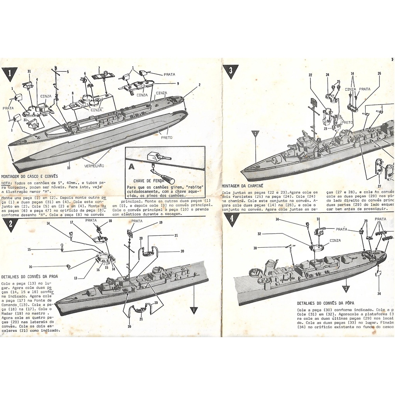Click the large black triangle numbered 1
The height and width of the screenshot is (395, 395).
pyautogui.click(x=9, y=73)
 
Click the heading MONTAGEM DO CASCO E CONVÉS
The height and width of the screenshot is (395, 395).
pyautogui.click(x=29, y=176)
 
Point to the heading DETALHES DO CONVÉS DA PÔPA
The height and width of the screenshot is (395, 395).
pyautogui.click(x=325, y=303)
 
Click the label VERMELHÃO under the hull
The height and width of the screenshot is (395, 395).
pyautogui.click(x=94, y=165)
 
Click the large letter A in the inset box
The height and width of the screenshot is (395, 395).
pyautogui.click(x=132, y=167)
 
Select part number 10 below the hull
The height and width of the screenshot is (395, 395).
pyautogui.click(x=69, y=168)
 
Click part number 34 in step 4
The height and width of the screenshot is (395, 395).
pyautogui.click(x=379, y=294)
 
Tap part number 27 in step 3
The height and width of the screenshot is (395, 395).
pyautogui.click(x=379, y=186)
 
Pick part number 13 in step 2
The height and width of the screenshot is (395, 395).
pyautogui.click(x=76, y=278)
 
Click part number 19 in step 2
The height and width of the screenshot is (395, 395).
pyautogui.click(x=160, y=223)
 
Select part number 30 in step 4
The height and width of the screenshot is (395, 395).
pyautogui.click(x=255, y=248)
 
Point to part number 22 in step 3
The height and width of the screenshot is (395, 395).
pyautogui.click(x=310, y=75)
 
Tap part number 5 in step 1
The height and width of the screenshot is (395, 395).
pyautogui.click(x=68, y=72)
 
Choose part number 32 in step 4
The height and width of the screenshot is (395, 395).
pyautogui.click(x=259, y=234)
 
